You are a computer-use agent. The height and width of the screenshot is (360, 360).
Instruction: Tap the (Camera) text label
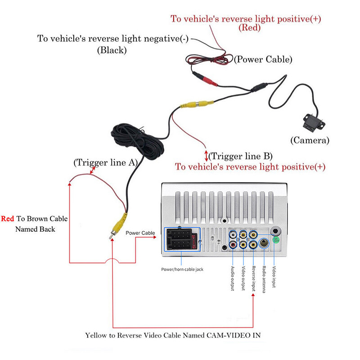(x=310, y=140)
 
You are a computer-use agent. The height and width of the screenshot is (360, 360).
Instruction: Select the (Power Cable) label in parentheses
(x=263, y=59)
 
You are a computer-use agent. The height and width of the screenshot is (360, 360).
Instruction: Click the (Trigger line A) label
(x=105, y=162)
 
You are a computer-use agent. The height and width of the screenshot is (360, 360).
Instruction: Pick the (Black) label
(x=112, y=50)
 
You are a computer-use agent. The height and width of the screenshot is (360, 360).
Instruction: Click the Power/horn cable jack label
(x=181, y=270)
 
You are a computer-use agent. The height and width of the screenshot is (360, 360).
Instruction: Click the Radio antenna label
(x=264, y=279)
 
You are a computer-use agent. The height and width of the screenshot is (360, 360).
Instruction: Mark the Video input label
(x=274, y=276)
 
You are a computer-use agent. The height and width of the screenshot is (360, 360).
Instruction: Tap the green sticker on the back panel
(x=277, y=241)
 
